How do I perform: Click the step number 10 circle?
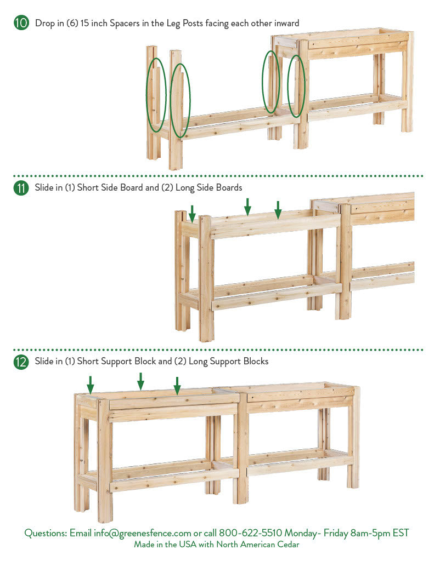[21, 23]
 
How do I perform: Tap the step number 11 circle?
[21, 188]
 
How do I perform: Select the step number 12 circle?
[21, 362]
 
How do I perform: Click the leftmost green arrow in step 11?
[192, 214]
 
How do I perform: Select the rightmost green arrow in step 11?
[278, 210]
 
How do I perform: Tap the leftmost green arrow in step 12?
[91, 385]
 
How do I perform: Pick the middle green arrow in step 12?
[141, 381]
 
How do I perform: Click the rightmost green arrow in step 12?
[177, 386]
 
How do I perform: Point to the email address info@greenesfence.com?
[142, 533]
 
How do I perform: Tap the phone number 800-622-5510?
[251, 533]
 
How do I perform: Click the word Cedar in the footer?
[288, 545]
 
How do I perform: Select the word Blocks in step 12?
[256, 362]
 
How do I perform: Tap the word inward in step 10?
[287, 24]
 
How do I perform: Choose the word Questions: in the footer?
[46, 533]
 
